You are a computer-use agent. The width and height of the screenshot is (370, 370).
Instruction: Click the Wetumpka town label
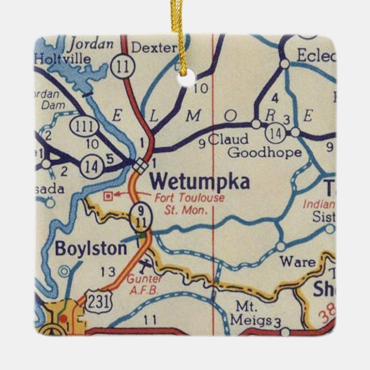tap(199, 183)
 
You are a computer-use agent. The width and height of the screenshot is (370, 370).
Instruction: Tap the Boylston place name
tap(91, 249)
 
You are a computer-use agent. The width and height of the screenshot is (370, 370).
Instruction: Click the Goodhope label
tap(264, 152)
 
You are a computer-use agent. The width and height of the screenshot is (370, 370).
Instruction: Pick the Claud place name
tap(228, 139)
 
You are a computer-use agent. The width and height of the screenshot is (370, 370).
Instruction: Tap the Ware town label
tap(297, 263)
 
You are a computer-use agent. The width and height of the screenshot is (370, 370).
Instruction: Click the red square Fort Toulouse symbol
tap(107, 196)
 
